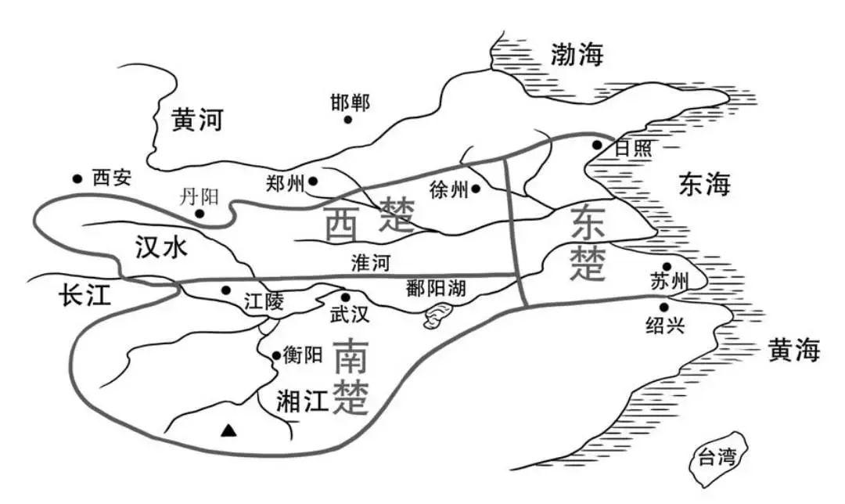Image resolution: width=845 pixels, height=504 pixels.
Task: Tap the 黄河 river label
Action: (x=197, y=120)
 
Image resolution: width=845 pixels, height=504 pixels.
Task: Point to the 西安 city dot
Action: (x=77, y=178)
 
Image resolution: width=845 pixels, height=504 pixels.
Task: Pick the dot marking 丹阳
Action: (x=200, y=213)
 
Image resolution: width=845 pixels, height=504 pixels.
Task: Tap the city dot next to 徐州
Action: (x=475, y=189)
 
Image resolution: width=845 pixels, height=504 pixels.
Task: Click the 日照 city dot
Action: (x=597, y=145)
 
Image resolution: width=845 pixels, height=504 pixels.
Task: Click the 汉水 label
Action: (x=160, y=249)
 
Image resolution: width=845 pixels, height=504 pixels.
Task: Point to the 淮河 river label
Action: (x=370, y=262)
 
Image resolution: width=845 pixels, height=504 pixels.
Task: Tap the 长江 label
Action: (x=86, y=295)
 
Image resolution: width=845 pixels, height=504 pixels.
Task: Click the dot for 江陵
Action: (x=226, y=290)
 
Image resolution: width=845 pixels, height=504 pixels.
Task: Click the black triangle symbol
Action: (x=228, y=429)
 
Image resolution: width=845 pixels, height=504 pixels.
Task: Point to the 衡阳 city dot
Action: (x=276, y=356)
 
